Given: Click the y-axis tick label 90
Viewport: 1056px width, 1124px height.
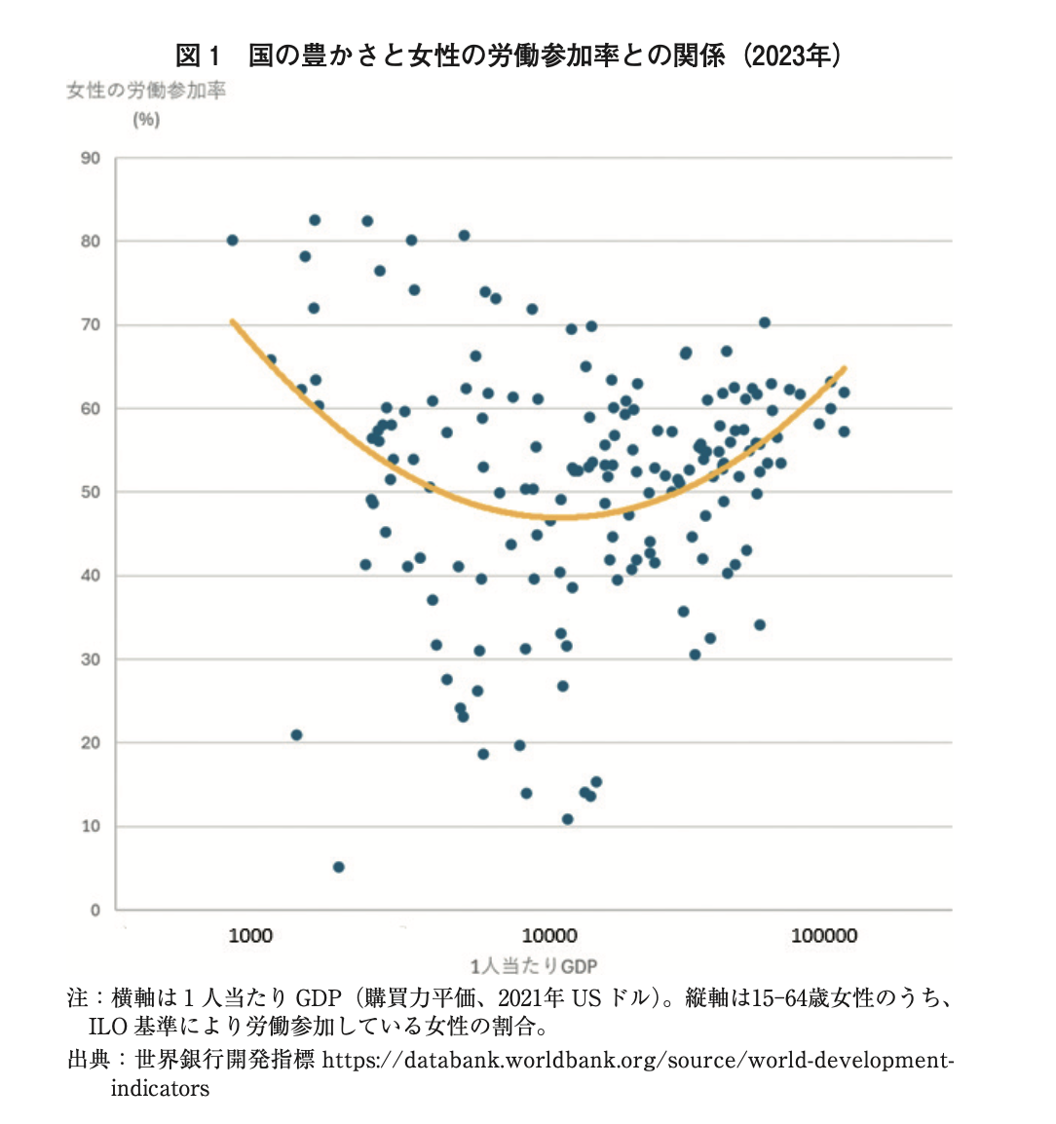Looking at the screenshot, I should pyautogui.click(x=91, y=158).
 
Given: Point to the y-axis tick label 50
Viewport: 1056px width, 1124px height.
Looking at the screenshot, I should pyautogui.click(x=91, y=492).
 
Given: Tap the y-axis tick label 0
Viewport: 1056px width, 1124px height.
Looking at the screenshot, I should pyautogui.click(x=95, y=910).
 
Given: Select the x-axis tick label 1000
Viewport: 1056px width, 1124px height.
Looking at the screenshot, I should pyautogui.click(x=250, y=936).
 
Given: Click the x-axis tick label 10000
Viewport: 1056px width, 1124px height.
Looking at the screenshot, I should pyautogui.click(x=549, y=936).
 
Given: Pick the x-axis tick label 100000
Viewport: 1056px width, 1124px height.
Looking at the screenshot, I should pyautogui.click(x=823, y=936).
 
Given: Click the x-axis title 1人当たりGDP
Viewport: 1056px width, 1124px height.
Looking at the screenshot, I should pyautogui.click(x=534, y=966).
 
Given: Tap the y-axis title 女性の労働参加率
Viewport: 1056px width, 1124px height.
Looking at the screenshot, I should pyautogui.click(x=146, y=92).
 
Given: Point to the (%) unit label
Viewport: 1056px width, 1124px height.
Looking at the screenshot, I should pyautogui.click(x=146, y=120).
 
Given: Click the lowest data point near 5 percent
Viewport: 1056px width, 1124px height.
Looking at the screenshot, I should pyautogui.click(x=338, y=867).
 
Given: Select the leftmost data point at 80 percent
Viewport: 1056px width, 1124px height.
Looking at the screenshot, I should pyautogui.click(x=232, y=241).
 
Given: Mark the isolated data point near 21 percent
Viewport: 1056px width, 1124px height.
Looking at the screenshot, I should pyautogui.click(x=296, y=734).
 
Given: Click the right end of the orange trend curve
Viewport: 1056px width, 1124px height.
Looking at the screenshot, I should pyautogui.click(x=845, y=368).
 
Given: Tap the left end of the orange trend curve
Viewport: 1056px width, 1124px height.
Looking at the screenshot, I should pyautogui.click(x=231, y=320).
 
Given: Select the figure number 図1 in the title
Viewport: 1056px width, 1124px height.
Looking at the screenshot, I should pyautogui.click(x=200, y=55).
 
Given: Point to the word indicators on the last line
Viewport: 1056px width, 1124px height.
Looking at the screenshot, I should pyautogui.click(x=160, y=1088).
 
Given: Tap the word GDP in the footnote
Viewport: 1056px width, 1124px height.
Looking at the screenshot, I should pyautogui.click(x=318, y=997).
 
